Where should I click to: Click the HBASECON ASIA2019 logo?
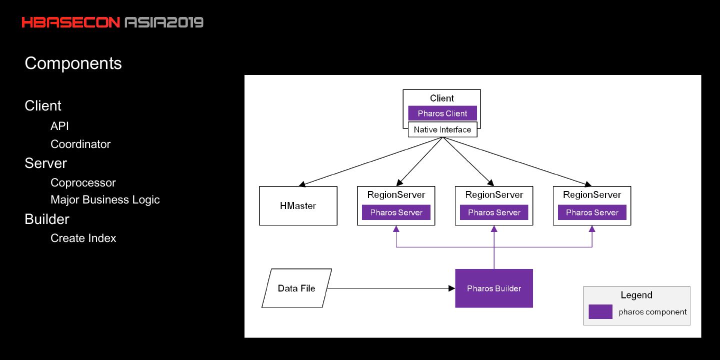112,22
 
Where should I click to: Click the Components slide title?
73,63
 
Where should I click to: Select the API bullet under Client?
59,126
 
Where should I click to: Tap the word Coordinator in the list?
80,144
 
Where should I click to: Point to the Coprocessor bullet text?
83,182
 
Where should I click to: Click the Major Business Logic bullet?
105,199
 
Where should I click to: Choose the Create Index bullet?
83,238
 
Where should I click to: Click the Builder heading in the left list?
47,219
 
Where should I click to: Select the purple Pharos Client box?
442,113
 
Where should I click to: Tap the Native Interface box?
442,130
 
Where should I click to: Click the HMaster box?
298,206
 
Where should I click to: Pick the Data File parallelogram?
296,288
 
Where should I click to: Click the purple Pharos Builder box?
494,288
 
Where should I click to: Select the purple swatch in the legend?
600,311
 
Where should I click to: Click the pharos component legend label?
652,312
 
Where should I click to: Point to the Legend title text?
636,295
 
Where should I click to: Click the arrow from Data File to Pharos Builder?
390,288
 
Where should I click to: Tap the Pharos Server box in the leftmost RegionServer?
396,212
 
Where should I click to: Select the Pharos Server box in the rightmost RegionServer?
592,212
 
